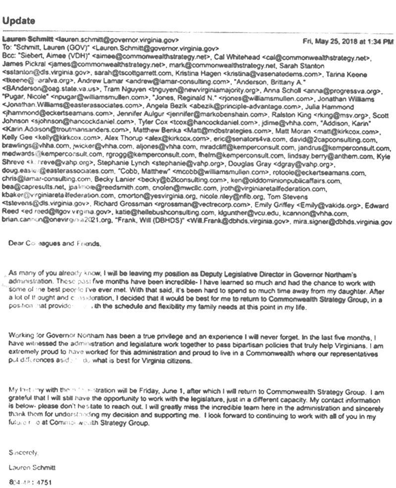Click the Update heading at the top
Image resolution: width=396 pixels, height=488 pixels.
[19, 21]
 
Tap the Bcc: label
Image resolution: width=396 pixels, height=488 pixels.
[10, 57]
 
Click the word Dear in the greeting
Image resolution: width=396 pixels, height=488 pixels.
[15, 243]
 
